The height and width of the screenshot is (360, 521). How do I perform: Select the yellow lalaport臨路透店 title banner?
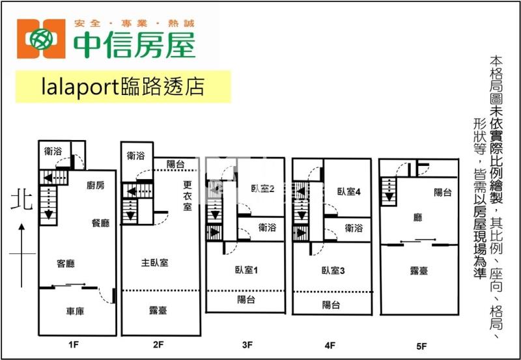123,87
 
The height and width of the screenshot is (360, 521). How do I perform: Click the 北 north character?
20,202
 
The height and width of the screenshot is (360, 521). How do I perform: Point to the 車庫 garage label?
76,311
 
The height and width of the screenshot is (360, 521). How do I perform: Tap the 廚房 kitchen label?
96,186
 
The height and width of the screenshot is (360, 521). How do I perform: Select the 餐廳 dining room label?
100,223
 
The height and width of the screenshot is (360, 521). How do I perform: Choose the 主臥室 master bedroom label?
155,263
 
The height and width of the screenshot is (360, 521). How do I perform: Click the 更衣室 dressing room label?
187,195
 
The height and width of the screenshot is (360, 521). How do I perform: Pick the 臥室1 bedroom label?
247,270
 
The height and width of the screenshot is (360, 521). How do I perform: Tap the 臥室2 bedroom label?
262,190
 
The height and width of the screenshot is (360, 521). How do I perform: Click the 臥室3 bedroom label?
332,270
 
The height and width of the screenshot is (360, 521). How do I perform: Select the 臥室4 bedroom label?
349,191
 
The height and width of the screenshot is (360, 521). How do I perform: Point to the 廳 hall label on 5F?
418,217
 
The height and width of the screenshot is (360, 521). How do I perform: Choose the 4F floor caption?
331,345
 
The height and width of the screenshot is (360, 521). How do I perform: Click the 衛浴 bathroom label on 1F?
53,151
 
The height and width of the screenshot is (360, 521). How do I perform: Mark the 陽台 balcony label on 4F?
331,305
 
